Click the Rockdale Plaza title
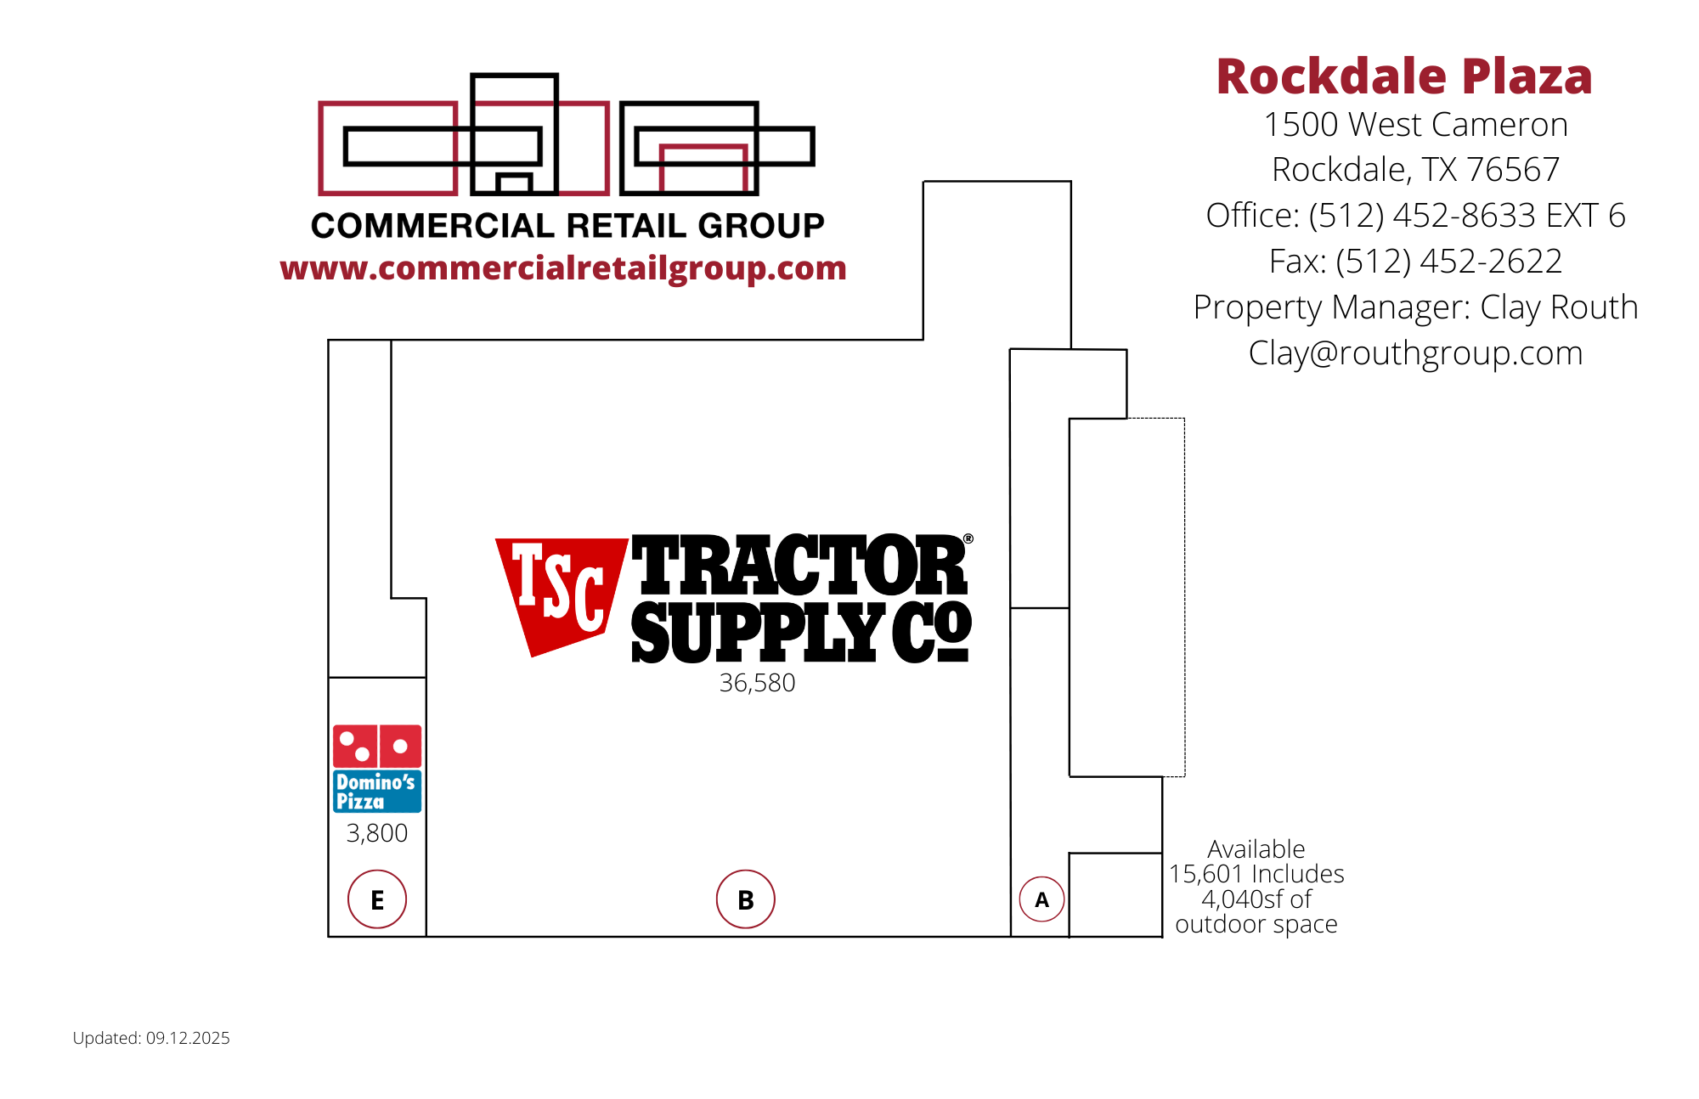point(1404,76)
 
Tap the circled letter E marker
point(377,899)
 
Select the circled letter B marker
point(746,899)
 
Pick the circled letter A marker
point(1041,899)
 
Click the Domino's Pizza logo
point(377,769)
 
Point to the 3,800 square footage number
point(377,833)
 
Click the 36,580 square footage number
point(757,683)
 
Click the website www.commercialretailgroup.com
point(563,268)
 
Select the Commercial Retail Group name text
point(567,226)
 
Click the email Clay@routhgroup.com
point(1415,353)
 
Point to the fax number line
point(1415,262)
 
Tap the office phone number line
point(1415,216)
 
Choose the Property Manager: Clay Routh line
point(1415,307)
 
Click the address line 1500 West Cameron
point(1415,125)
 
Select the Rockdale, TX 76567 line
point(1415,170)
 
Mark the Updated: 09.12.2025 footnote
point(151,1038)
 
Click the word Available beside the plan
point(1256,848)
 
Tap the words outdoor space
point(1256,924)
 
